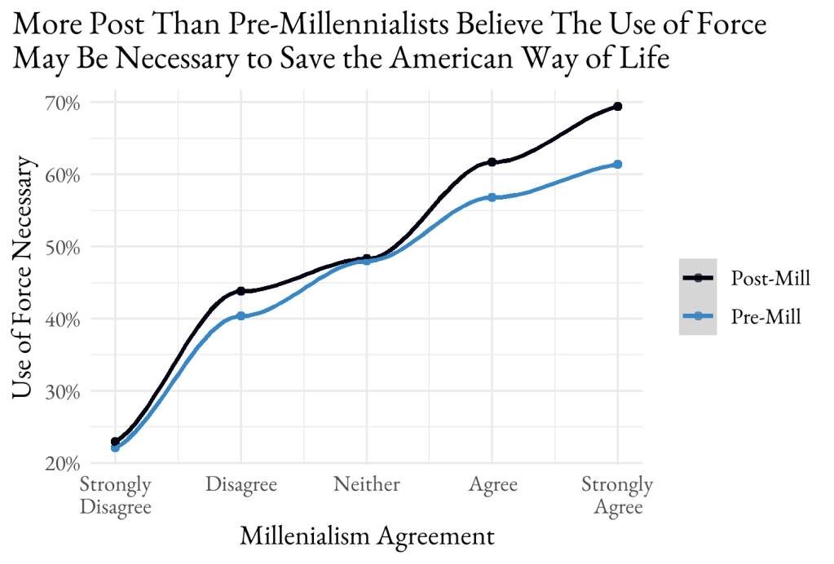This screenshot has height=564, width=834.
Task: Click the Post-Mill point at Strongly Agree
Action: [x=617, y=107]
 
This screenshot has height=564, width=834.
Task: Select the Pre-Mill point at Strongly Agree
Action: [x=617, y=165]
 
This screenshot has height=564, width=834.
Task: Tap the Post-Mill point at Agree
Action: [x=492, y=162]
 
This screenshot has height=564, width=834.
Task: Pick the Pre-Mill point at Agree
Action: [x=492, y=197]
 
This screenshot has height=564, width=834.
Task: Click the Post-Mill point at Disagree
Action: [x=240, y=291]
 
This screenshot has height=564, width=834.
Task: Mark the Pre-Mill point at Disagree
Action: [x=240, y=316]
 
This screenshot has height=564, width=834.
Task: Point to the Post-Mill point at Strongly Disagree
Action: [x=115, y=441]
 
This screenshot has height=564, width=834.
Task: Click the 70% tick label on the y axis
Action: [x=62, y=103]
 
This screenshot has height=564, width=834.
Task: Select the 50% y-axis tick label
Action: [x=62, y=247]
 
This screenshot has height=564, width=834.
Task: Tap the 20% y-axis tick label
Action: [x=62, y=464]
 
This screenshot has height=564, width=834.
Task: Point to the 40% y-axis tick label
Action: [x=62, y=319]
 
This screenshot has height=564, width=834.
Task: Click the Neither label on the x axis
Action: [x=366, y=485]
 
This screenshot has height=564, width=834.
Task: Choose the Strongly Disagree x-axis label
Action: [x=115, y=496]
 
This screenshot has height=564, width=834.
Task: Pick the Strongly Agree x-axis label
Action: [x=617, y=496]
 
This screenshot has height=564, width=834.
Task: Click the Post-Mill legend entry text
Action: [x=770, y=278]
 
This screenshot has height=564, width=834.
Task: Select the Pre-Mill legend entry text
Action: [x=766, y=316]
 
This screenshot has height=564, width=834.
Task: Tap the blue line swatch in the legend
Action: [x=698, y=316]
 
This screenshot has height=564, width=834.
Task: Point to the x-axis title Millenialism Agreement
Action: [x=367, y=537]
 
